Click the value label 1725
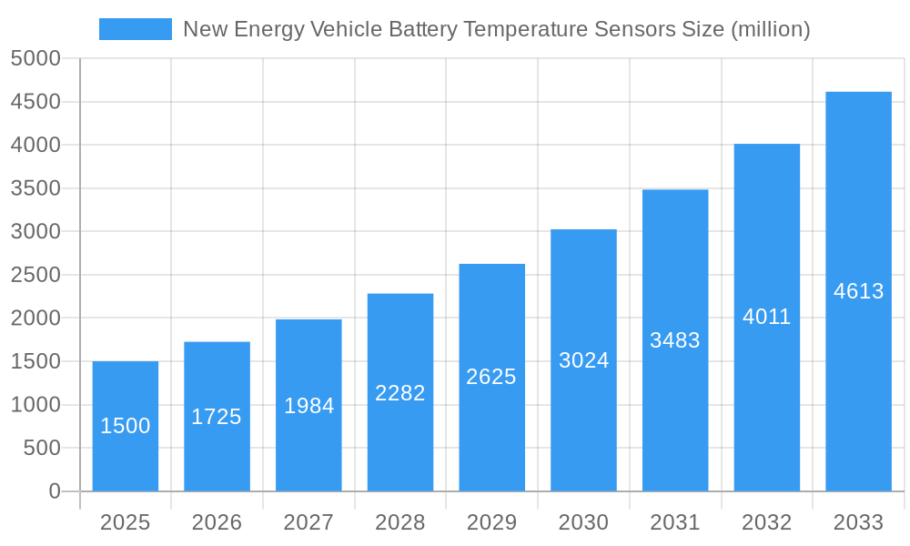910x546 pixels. point(217,417)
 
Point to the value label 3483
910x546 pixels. point(675,340)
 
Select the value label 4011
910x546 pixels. point(767,317)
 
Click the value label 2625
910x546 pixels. point(491,377)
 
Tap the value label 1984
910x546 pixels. point(308,406)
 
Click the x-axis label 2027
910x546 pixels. point(308,522)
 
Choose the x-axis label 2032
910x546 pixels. point(767,522)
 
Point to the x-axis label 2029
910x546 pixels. point(491,522)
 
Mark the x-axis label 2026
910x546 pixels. point(217,522)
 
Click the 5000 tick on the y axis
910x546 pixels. point(35,58)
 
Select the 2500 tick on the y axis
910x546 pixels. point(35,275)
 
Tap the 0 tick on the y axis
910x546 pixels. point(54,491)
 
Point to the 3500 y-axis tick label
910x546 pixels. point(35,188)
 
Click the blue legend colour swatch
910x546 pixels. point(135,29)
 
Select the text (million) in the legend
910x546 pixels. point(770,29)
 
